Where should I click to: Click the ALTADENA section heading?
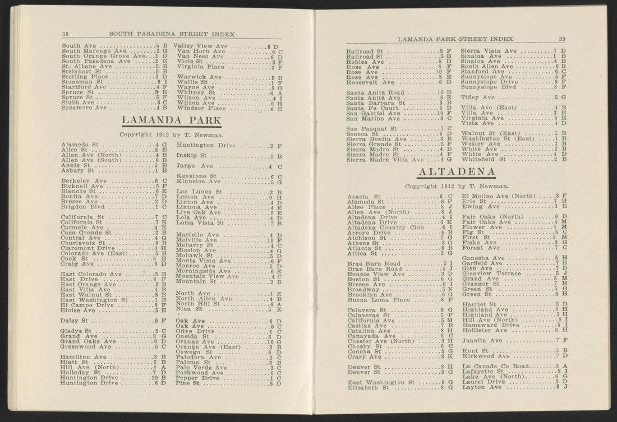click(458, 171)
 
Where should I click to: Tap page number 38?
click(65, 34)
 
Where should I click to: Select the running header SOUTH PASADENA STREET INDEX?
click(172, 34)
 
